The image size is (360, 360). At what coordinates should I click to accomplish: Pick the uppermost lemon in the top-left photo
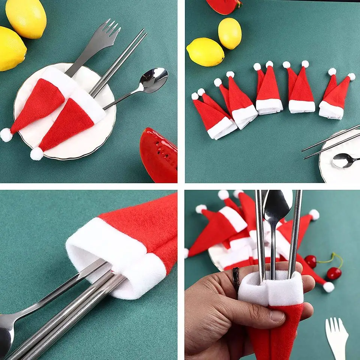coord(26,18)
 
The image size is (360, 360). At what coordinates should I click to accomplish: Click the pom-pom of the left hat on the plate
coord(6,135)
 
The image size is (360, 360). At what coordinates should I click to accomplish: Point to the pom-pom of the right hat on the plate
coord(37,153)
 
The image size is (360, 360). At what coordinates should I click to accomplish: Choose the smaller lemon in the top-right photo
coord(229,33)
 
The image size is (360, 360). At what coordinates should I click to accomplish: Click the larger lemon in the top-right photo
coord(205,52)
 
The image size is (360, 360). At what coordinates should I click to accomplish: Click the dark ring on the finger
coord(236,279)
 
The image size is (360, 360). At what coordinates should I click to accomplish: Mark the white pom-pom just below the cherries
coord(328,287)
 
